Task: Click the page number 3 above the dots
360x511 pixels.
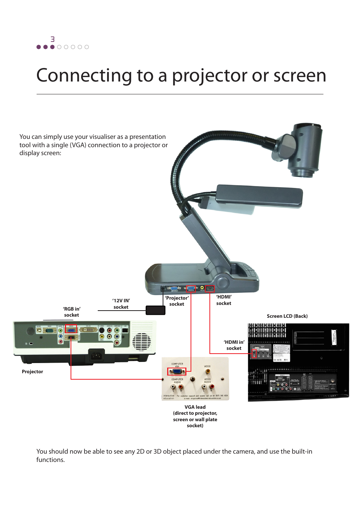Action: (x=52, y=39)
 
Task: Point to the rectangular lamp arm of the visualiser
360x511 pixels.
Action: (x=260, y=195)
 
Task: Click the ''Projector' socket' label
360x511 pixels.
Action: (x=177, y=301)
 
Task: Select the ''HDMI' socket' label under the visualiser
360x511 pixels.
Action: (x=224, y=300)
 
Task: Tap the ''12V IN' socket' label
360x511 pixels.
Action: (x=121, y=304)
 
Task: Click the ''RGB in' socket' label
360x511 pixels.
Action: (x=72, y=312)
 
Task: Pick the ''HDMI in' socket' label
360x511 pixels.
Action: (x=234, y=345)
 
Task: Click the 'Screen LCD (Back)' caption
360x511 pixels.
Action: (x=287, y=316)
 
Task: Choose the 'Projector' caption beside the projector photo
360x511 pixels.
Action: (x=32, y=372)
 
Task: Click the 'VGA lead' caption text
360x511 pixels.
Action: (x=195, y=407)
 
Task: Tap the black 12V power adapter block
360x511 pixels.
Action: (x=155, y=310)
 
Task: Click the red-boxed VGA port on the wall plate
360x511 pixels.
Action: (x=177, y=371)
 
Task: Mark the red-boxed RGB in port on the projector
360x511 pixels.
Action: (x=71, y=330)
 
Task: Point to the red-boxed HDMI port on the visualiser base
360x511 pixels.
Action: (x=210, y=289)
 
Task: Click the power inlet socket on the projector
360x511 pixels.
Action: (x=96, y=355)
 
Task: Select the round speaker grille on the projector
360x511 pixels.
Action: (x=142, y=342)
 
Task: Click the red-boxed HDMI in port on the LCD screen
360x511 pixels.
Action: (x=254, y=354)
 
